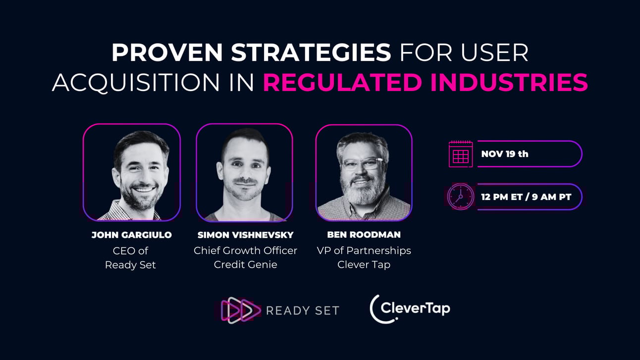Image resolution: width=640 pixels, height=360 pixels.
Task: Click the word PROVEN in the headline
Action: [x=167, y=52]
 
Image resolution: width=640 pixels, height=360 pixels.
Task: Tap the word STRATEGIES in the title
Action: [x=311, y=52]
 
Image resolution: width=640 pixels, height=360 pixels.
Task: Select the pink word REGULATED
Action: [x=342, y=83]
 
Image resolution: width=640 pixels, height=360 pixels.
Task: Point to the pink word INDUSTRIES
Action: [x=509, y=83]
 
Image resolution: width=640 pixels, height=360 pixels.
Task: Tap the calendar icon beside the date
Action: [x=460, y=154]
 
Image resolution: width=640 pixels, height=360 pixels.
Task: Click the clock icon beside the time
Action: [x=460, y=197]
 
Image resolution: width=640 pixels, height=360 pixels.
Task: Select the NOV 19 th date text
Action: [x=505, y=154]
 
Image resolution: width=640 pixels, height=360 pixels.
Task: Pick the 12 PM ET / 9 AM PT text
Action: [x=526, y=197]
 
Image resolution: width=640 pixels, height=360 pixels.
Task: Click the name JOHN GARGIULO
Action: [x=131, y=235]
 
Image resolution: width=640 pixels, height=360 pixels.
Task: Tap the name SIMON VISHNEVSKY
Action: [x=245, y=235]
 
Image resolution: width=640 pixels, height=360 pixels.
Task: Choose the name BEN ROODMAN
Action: [x=364, y=235]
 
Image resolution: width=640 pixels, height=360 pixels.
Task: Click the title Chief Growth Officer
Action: [x=245, y=251]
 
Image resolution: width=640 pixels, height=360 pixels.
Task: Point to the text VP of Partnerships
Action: [x=364, y=251]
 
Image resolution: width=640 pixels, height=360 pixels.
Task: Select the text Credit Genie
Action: [x=245, y=264]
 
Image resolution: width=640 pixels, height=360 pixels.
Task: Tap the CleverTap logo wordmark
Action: [x=410, y=309]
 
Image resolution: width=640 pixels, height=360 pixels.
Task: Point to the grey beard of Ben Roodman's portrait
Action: [x=362, y=192]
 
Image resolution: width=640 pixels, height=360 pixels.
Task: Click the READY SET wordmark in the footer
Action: [x=303, y=310]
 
